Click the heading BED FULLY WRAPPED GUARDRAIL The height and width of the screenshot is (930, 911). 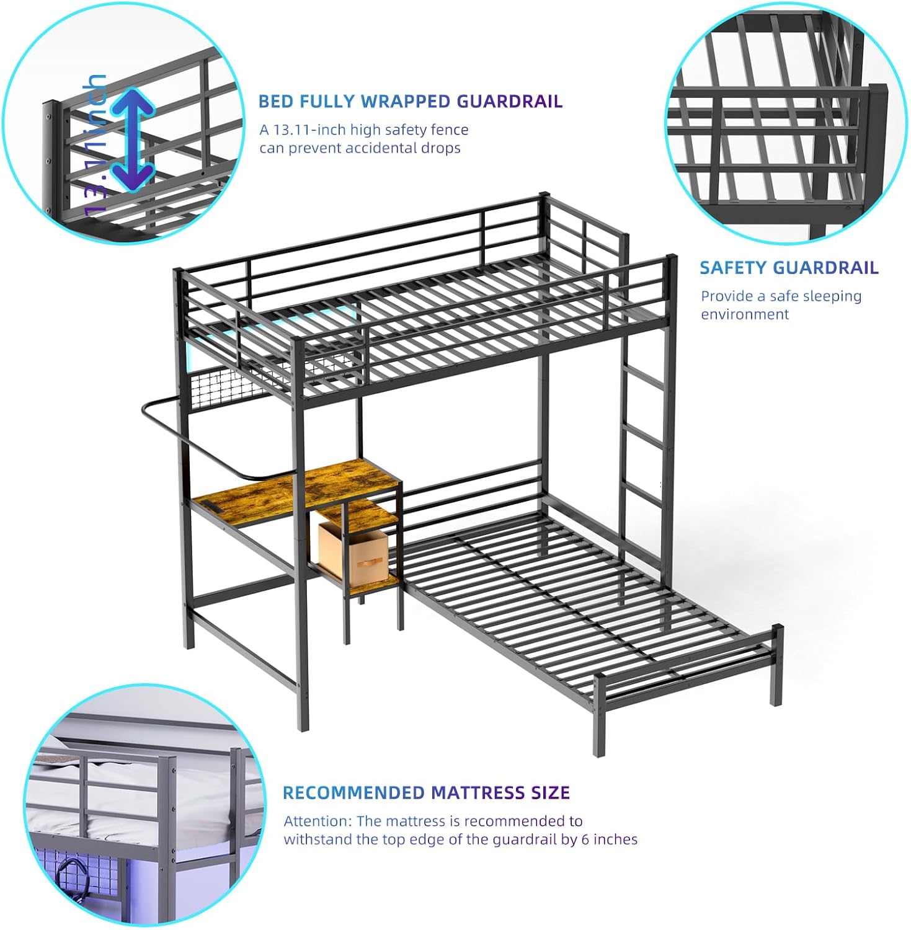[410, 101]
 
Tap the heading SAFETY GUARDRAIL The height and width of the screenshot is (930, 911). [789, 268]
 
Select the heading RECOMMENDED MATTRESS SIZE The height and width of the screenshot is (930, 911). [425, 792]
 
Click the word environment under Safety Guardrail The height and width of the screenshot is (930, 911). [744, 314]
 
